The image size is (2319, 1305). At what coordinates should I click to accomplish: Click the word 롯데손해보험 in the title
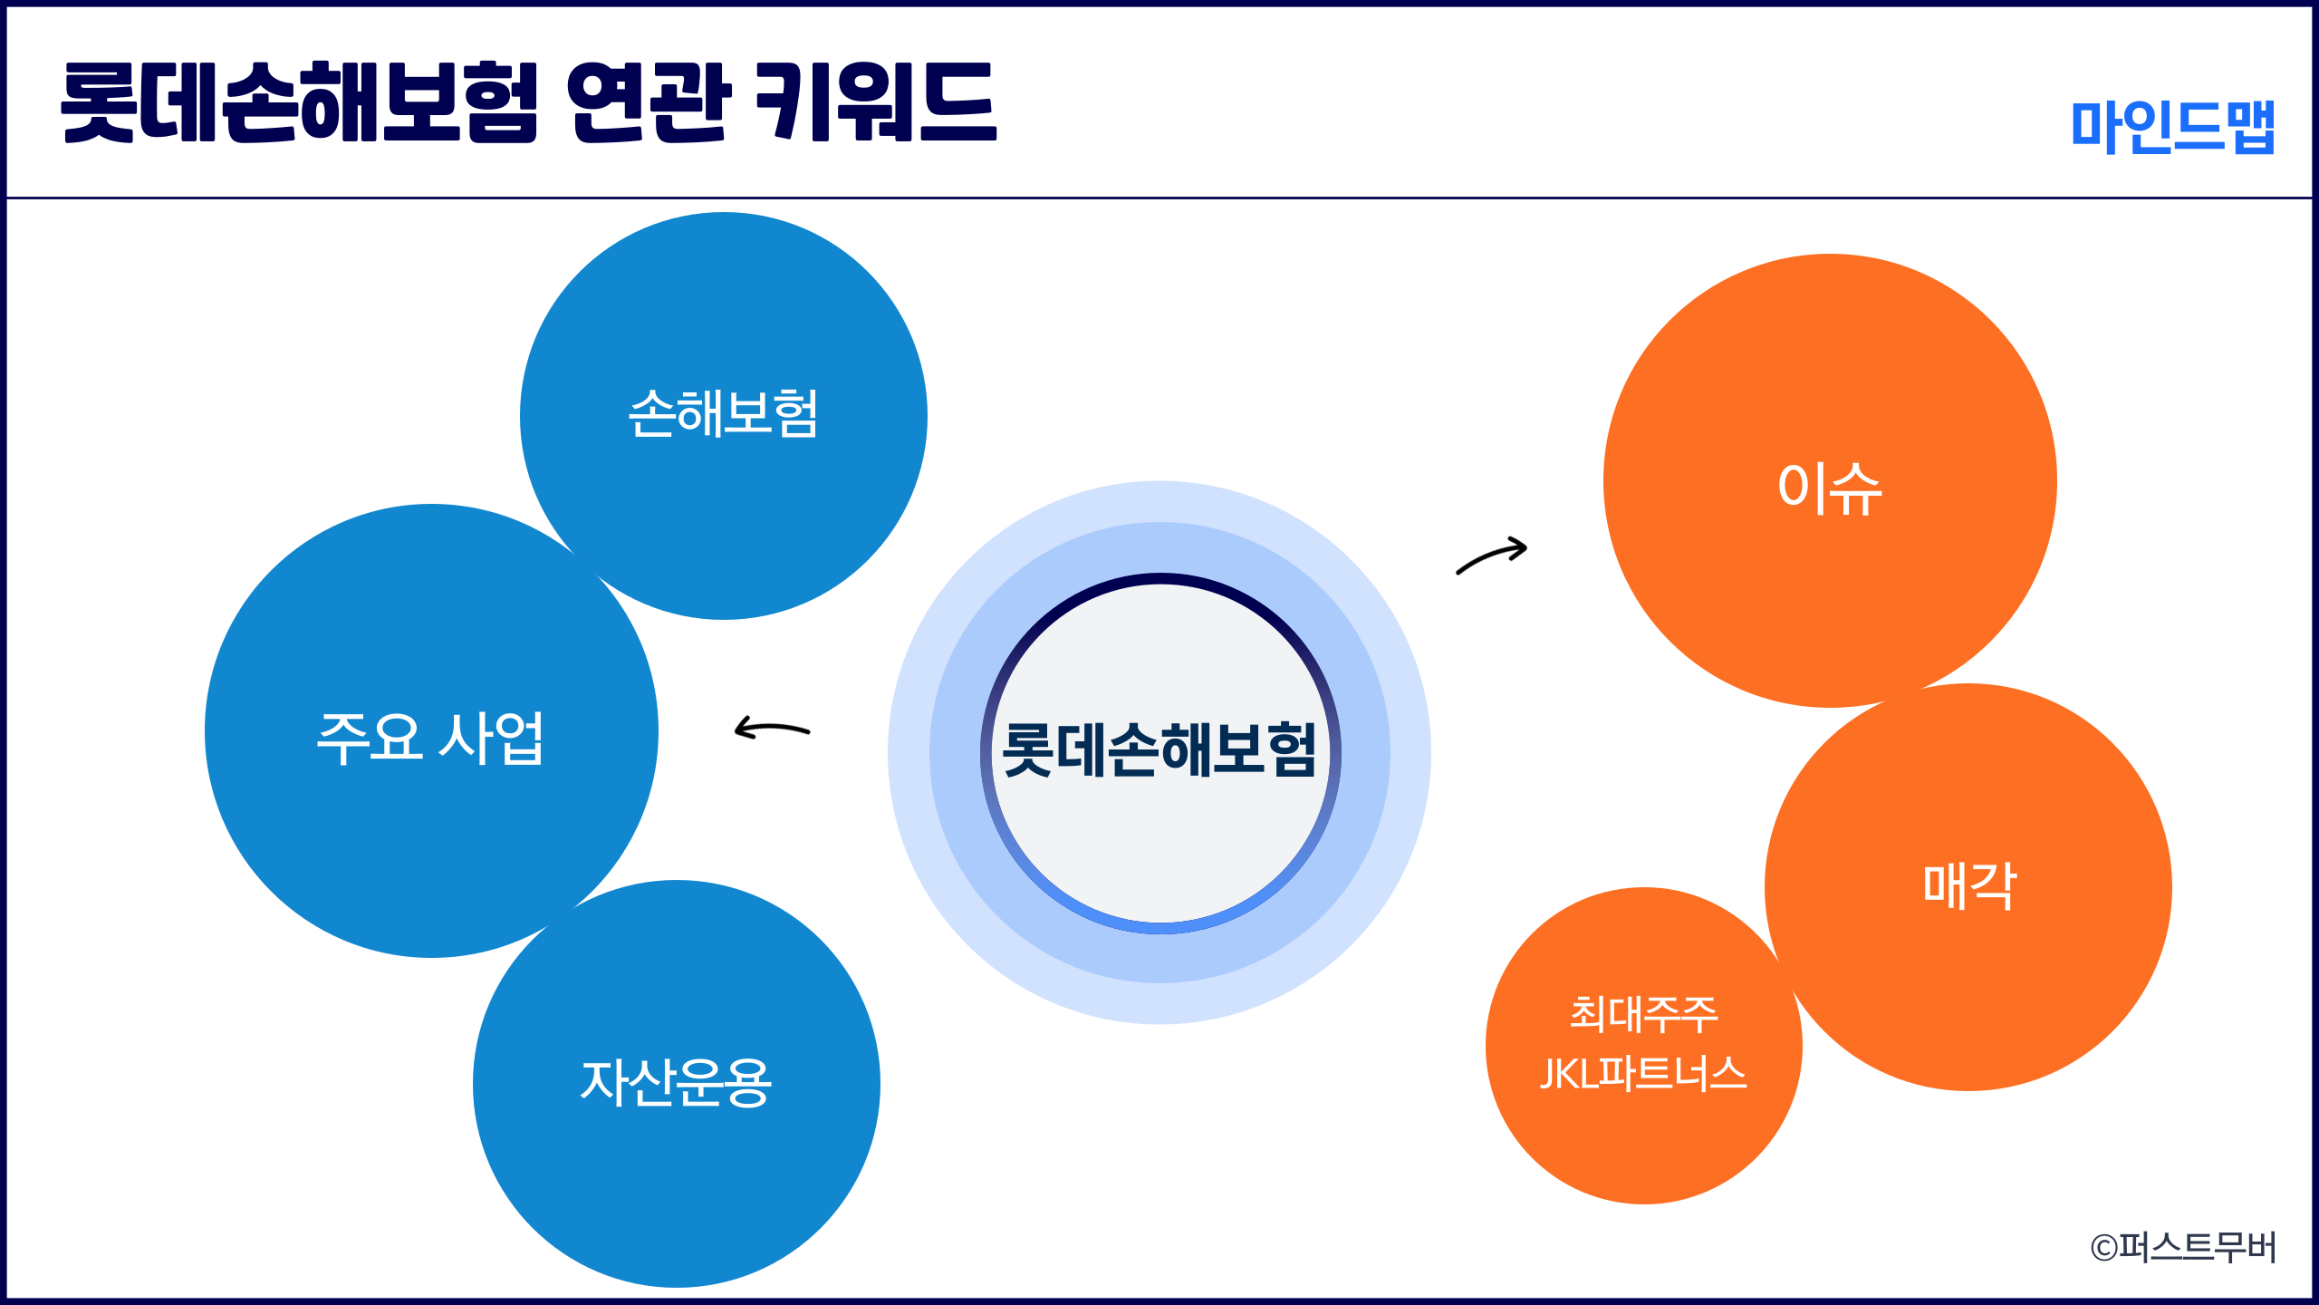point(300,102)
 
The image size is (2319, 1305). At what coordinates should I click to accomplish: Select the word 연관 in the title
point(649,102)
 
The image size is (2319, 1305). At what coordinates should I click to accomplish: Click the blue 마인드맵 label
point(2173,126)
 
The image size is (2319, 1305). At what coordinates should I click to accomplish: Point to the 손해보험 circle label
point(723,414)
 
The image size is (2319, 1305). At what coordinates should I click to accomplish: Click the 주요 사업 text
point(430,738)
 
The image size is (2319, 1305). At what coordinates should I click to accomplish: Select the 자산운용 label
point(676,1082)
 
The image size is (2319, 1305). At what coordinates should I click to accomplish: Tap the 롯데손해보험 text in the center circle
point(1159,750)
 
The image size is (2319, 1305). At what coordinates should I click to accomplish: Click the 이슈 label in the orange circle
point(1830,488)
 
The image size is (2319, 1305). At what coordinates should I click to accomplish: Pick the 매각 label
point(1969,885)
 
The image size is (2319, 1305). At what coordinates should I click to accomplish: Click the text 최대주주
point(1643,1014)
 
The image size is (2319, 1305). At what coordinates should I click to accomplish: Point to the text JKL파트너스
point(1643,1074)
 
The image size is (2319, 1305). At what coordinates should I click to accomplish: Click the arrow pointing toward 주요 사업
point(771,728)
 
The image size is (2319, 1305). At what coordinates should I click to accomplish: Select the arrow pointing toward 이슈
point(1492,555)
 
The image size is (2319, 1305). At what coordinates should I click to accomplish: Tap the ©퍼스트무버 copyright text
point(2183,1248)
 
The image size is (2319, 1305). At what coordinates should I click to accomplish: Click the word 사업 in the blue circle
point(492,738)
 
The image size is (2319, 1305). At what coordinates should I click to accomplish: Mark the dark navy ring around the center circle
point(1160,578)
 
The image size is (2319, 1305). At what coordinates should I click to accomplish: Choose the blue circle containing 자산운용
point(677,1178)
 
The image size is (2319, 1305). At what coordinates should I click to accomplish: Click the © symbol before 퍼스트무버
point(2103,1249)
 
